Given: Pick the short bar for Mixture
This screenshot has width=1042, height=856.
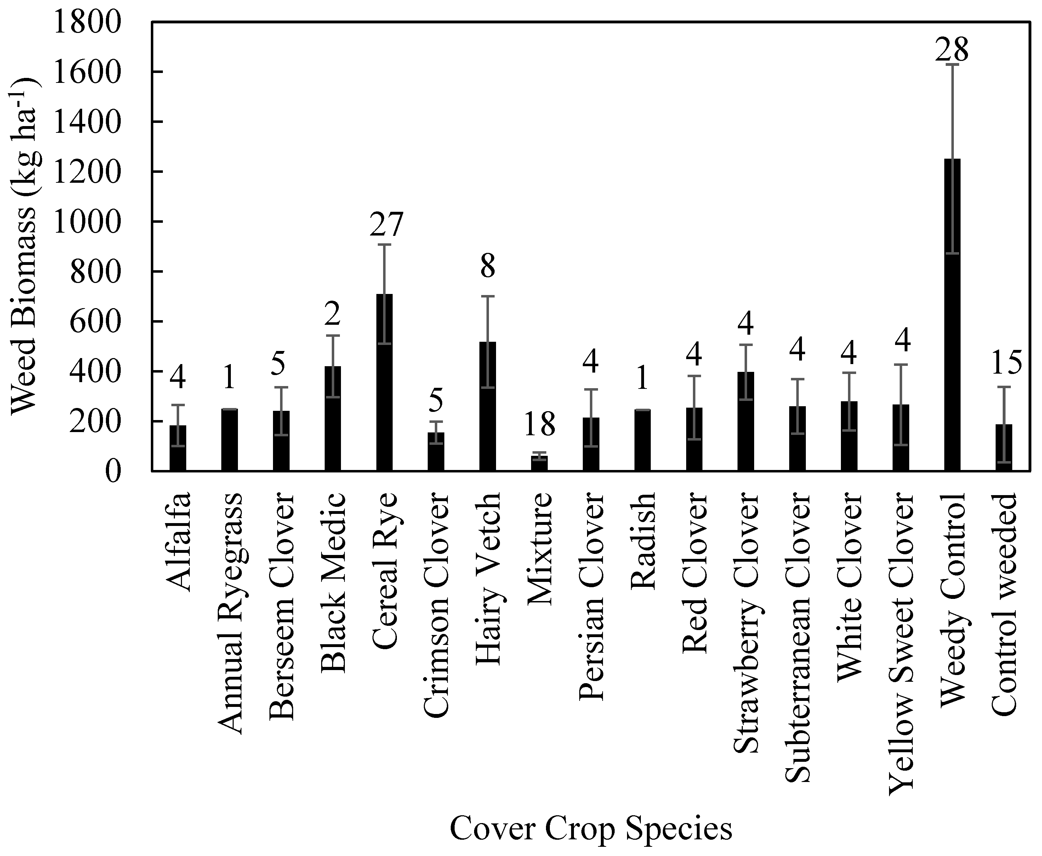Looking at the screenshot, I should coord(539,464).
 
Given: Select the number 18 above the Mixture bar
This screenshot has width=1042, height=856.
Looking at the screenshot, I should coord(539,424).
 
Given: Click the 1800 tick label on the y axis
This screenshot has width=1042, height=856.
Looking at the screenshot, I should coord(87,23).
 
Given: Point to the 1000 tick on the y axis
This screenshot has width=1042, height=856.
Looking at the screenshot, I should coord(87,222).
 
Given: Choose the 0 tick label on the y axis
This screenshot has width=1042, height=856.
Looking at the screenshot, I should coord(112,472).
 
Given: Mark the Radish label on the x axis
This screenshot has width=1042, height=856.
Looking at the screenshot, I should coord(643,540).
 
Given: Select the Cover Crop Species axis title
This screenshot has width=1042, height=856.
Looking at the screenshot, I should coord(591,828).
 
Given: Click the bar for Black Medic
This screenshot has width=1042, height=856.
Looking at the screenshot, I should coord(333,419).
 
